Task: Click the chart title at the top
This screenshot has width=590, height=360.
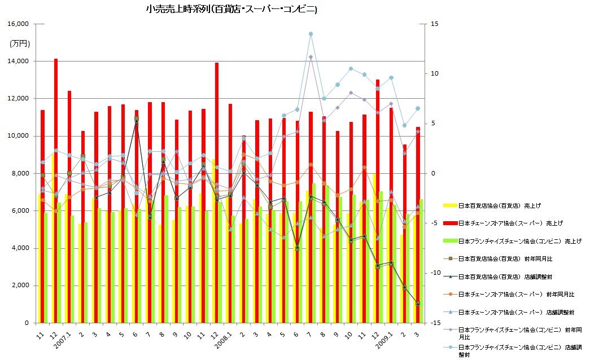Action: [x=231, y=10]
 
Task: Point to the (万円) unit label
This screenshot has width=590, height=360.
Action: [x=20, y=43]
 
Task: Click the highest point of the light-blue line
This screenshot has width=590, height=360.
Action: [x=311, y=34]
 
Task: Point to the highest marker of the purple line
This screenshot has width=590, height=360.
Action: [x=311, y=57]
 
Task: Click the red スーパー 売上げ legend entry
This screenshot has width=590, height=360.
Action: [x=509, y=223]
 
